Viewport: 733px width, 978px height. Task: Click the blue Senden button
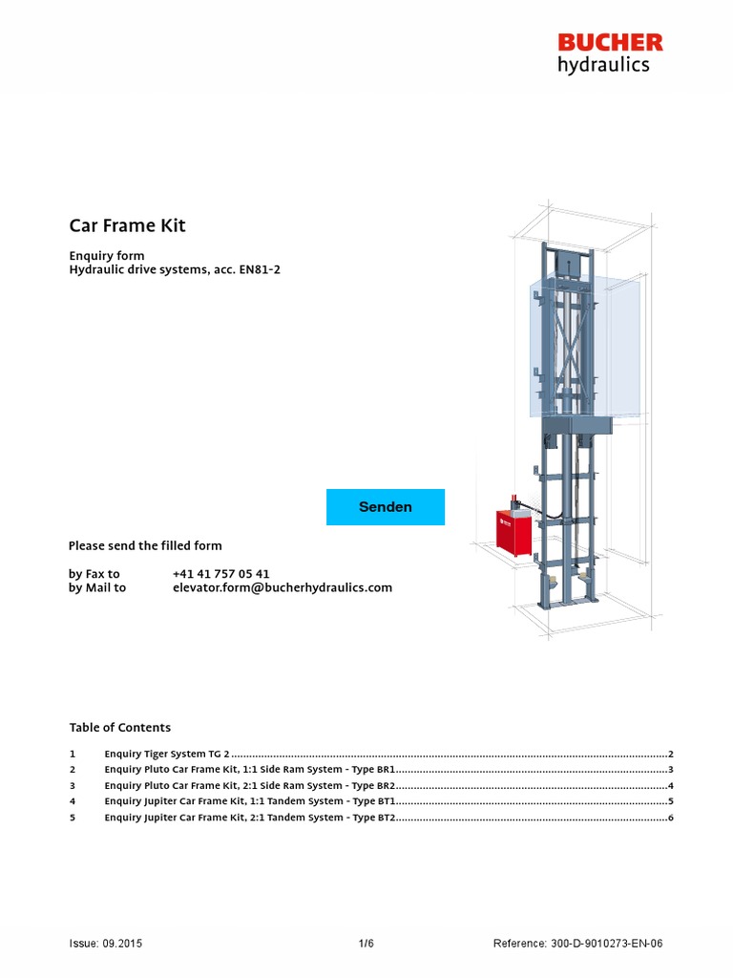click(x=386, y=507)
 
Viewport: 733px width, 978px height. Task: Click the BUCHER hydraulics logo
click(x=610, y=53)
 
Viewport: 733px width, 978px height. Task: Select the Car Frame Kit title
click(x=127, y=226)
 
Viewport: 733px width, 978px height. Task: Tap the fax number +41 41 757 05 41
click(x=220, y=574)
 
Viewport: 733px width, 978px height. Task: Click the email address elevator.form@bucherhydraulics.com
click(x=282, y=588)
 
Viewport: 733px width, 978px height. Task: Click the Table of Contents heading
click(x=119, y=728)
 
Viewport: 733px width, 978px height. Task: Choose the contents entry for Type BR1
click(x=249, y=770)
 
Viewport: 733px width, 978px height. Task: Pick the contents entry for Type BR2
click(x=249, y=786)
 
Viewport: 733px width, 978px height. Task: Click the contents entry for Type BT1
click(x=249, y=801)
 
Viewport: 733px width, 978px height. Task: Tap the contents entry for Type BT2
click(x=249, y=818)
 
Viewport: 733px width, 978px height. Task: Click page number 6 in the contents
click(x=671, y=818)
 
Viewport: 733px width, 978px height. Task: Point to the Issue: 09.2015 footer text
click(x=106, y=944)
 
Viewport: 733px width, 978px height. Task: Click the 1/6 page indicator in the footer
click(x=366, y=944)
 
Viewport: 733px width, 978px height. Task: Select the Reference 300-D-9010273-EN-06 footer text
click(x=577, y=944)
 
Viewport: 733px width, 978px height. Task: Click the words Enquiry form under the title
click(x=107, y=256)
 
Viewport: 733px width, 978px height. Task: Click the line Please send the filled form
click(x=145, y=546)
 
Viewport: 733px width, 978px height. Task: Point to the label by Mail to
click(x=97, y=588)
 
